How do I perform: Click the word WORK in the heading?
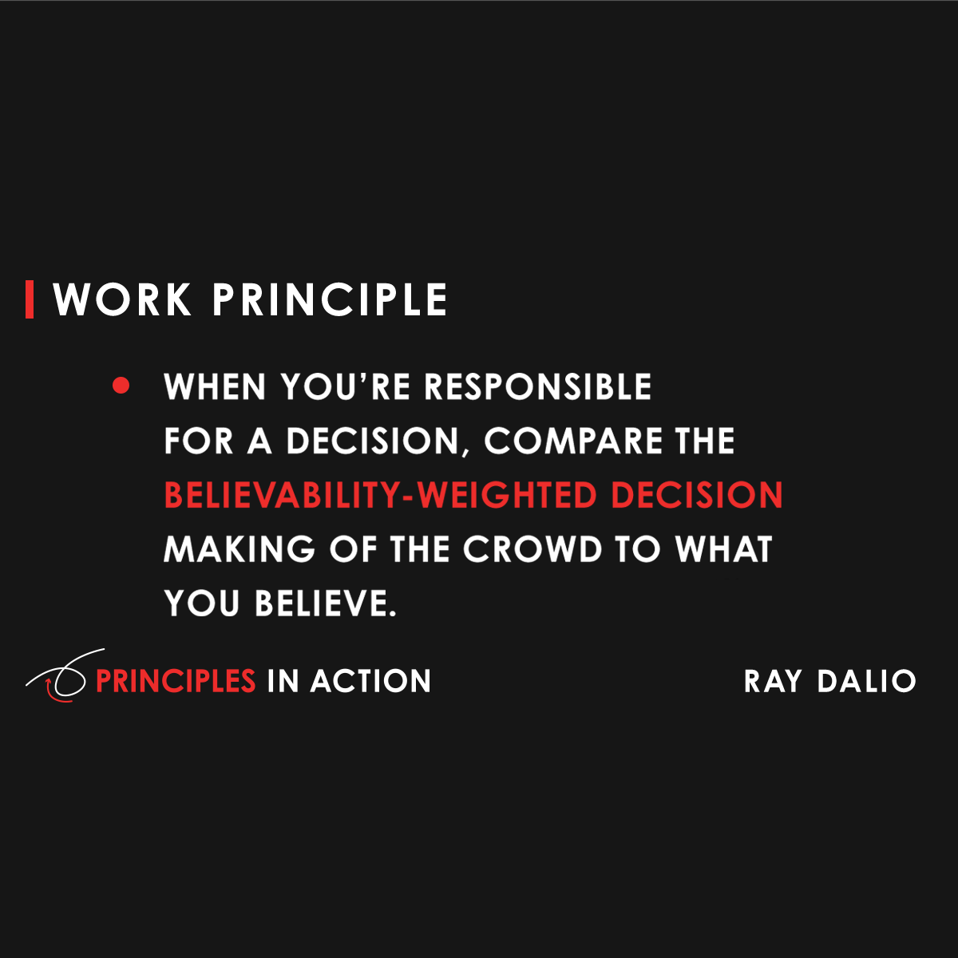pyautogui.click(x=122, y=300)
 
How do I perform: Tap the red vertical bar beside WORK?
pyautogui.click(x=30, y=299)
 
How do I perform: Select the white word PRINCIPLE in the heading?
pyautogui.click(x=329, y=300)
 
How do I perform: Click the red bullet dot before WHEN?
pyautogui.click(x=121, y=386)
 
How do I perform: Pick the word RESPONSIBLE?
pyautogui.click(x=537, y=387)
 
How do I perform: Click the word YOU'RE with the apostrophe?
pyautogui.click(x=346, y=387)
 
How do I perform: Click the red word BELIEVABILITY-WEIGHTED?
pyautogui.click(x=380, y=496)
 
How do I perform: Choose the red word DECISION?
pyautogui.click(x=696, y=496)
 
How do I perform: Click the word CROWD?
pyautogui.click(x=532, y=550)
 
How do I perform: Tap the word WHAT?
pyautogui.click(x=723, y=550)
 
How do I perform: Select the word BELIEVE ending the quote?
pyautogui.click(x=325, y=604)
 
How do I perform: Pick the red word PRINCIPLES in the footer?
pyautogui.click(x=176, y=682)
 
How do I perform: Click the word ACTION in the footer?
pyautogui.click(x=370, y=682)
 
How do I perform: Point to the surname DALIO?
pyautogui.click(x=866, y=682)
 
